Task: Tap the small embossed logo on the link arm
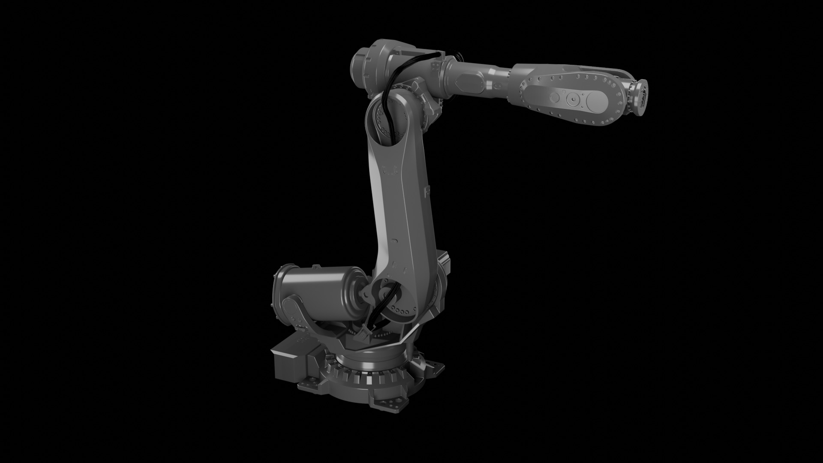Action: tap(386, 170)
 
